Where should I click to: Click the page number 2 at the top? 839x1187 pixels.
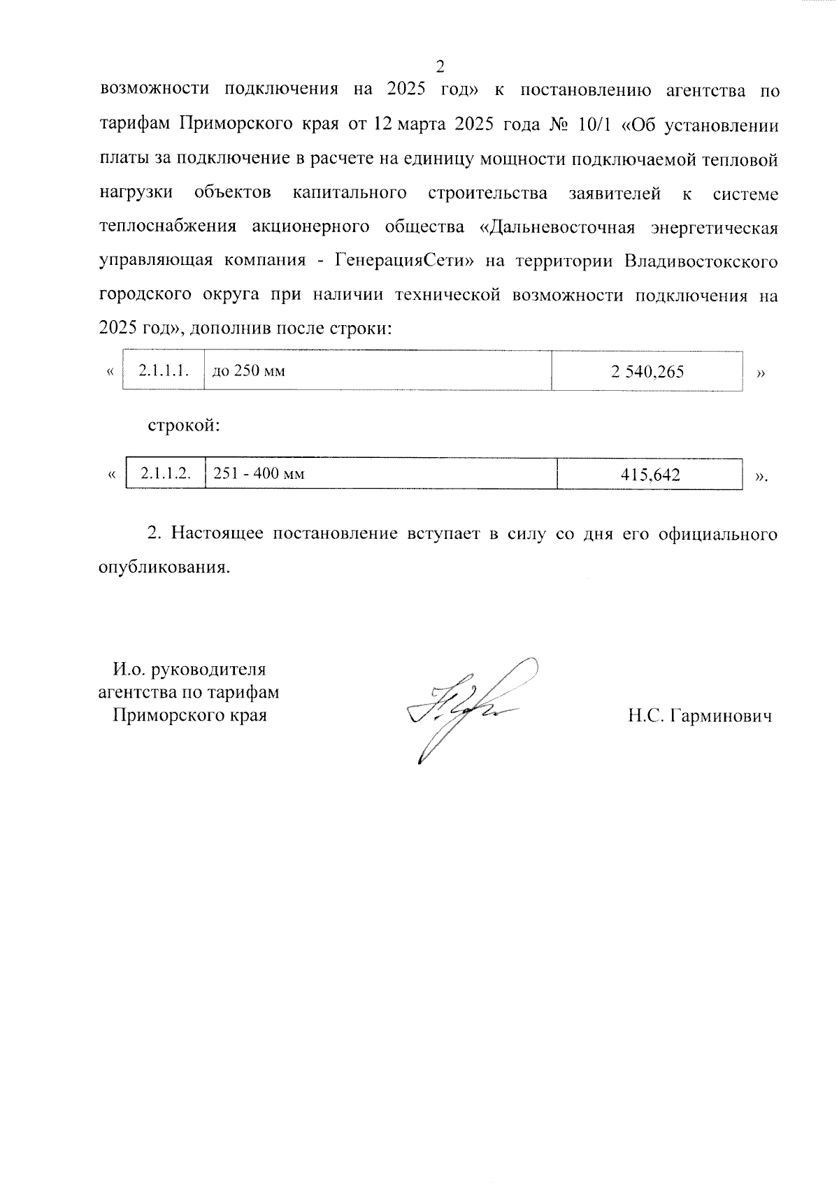pos(440,67)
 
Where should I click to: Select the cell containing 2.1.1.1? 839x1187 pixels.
pos(164,371)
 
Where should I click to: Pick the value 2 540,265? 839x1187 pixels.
pos(647,372)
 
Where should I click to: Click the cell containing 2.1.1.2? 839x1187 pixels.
pos(166,474)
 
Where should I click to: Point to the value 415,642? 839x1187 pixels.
pos(650,475)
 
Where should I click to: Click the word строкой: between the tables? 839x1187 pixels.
pos(183,425)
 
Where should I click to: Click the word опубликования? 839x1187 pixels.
pos(164,567)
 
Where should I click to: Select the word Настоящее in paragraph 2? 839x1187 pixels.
pos(216,533)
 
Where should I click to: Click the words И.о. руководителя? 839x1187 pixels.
pos(189,669)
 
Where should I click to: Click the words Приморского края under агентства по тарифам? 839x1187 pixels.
pos(189,715)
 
